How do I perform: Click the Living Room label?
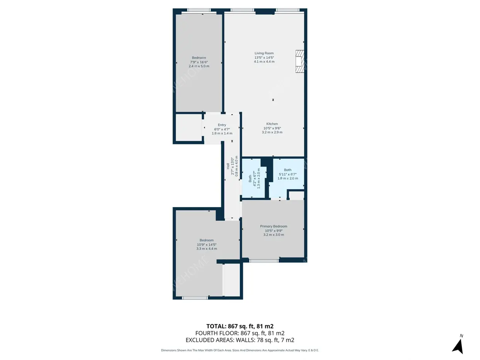[x=264, y=53]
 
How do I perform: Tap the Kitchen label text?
[x=272, y=124]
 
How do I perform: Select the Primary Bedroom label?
[x=273, y=226]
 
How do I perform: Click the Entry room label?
[x=222, y=125]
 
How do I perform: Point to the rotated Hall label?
[x=228, y=166]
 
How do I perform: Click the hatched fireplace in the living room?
[x=300, y=61]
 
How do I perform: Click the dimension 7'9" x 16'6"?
[x=199, y=62]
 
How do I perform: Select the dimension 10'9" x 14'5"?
[x=207, y=245]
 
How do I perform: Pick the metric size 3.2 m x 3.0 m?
[x=273, y=235]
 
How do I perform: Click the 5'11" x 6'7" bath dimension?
[x=288, y=174]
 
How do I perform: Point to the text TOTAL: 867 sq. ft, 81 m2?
[x=240, y=326]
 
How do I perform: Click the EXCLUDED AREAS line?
[x=240, y=340]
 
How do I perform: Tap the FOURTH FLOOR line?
[x=240, y=333]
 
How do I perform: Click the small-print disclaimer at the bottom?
[x=240, y=350]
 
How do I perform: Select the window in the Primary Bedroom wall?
[x=264, y=260]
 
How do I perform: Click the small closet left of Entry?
[x=189, y=128]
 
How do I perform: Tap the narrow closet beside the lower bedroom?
[x=232, y=280]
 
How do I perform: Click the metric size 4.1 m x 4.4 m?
[x=264, y=62]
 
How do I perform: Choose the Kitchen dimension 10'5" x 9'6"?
[x=272, y=128]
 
